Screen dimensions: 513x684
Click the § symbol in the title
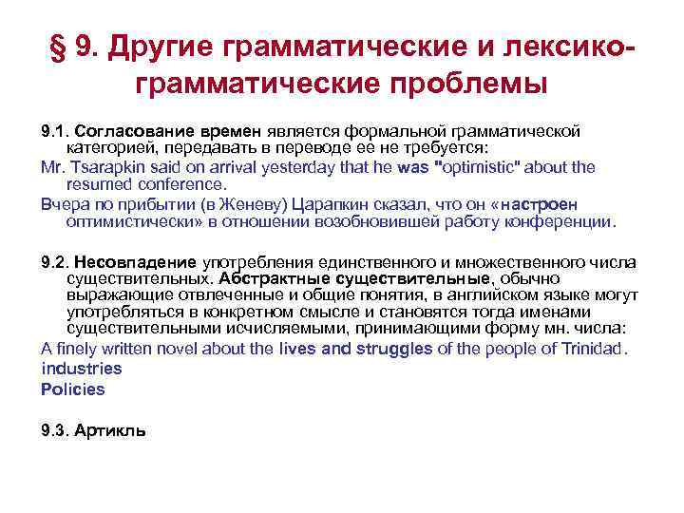[x=60, y=47]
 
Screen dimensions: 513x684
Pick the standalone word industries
[x=82, y=368]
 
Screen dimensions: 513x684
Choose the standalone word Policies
[x=73, y=389]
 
